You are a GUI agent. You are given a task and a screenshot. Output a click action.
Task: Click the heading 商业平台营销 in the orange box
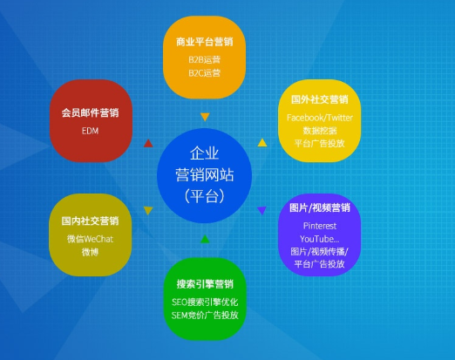coord(204,42)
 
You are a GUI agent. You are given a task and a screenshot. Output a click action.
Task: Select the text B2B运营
coord(204,59)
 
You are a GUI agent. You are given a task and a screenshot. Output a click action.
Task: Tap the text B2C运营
coord(204,72)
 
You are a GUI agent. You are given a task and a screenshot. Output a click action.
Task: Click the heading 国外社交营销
coord(319,100)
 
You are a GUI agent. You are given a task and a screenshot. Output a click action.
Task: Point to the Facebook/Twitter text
coord(319,118)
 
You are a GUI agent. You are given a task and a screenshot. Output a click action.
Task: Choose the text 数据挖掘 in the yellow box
coord(319,131)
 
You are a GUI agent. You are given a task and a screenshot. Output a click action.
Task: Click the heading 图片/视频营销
coord(319,208)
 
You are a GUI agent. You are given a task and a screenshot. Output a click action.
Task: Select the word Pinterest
coord(319,225)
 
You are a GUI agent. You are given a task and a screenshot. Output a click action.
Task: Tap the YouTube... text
coord(319,238)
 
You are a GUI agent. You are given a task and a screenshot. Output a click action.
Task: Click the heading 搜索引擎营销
coord(205,283)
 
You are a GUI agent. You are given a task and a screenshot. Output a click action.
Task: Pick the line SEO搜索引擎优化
coord(205,302)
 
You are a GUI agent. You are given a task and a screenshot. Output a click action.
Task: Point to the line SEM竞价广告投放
coord(205,315)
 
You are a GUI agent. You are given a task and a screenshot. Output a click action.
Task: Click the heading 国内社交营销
coord(91,221)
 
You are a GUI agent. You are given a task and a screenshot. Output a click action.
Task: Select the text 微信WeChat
coord(91,239)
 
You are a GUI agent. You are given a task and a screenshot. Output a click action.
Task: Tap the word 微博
coord(91,252)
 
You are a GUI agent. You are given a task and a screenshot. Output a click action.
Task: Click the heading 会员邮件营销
coord(91,113)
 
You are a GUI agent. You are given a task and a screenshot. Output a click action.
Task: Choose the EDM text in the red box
coord(91,131)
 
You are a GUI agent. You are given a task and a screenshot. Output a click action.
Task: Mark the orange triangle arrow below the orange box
coord(205,117)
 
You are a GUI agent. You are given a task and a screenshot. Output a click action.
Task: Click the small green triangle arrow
coord(205,238)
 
